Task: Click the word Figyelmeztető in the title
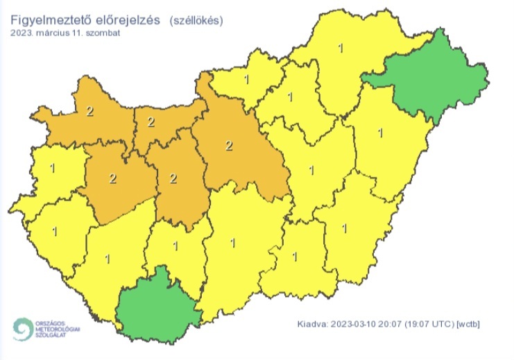coord(50,20)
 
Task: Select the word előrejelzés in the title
coord(127,20)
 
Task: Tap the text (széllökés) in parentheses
coord(196,21)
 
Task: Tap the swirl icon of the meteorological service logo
coord(24,329)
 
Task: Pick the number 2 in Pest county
coord(230,146)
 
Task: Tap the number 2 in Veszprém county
coord(112,178)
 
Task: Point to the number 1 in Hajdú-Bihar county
coord(379,132)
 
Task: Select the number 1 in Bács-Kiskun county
coord(232,243)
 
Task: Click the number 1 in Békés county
coord(345,227)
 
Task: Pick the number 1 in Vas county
coord(53,167)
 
